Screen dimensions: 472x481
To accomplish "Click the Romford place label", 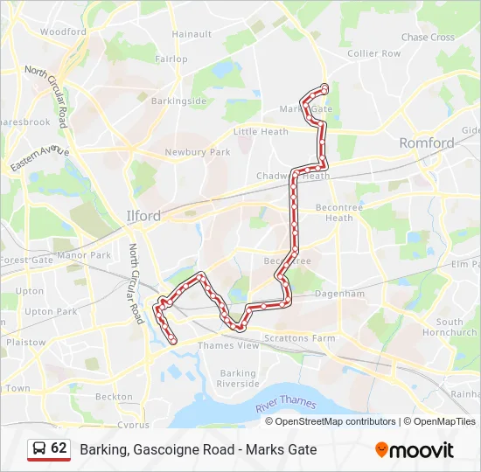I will (x=426, y=142).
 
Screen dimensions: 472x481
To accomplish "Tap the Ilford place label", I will (x=143, y=215).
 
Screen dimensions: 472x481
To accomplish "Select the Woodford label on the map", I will (x=63, y=31).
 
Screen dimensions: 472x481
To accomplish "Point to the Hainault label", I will (x=192, y=34).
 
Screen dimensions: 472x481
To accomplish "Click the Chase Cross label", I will (x=428, y=38).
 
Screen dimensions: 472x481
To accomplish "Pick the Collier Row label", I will (x=373, y=53).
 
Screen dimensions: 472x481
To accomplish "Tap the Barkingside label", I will (x=178, y=101).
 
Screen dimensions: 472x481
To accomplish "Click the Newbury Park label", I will (x=197, y=152).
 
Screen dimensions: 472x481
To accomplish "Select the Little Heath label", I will (x=261, y=132).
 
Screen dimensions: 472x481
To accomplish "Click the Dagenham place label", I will (x=340, y=295).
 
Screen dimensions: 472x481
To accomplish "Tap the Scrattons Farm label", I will (x=303, y=338).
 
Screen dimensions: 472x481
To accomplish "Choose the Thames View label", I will (x=228, y=346).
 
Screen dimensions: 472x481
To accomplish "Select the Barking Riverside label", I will (x=238, y=378).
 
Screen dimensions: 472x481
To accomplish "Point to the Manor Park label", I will (x=83, y=255).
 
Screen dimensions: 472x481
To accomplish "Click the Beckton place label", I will (x=113, y=396).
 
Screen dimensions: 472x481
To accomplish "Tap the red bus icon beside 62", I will (x=38, y=449).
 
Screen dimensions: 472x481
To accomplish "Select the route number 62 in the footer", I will (x=59, y=448).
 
